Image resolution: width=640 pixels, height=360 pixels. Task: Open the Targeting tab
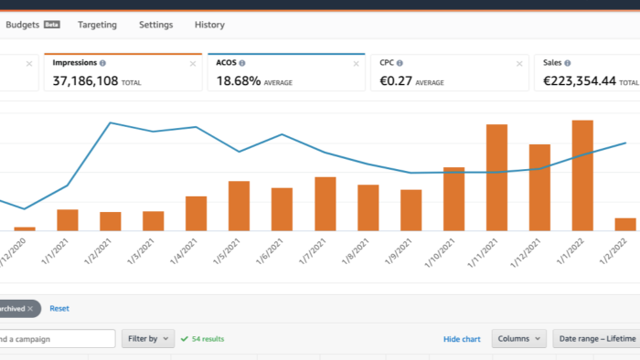click(x=97, y=25)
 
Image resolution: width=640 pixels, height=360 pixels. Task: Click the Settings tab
click(x=156, y=25)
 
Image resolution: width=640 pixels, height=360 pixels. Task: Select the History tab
click(x=209, y=25)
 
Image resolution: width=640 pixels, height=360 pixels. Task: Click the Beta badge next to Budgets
click(x=52, y=25)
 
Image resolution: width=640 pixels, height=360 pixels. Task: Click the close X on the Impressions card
click(x=193, y=64)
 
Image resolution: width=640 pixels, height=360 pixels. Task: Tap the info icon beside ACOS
click(x=242, y=63)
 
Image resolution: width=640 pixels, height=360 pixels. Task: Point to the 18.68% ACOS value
click(x=239, y=80)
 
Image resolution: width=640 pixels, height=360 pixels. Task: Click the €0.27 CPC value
click(x=396, y=80)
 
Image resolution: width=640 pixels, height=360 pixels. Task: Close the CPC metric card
click(x=519, y=64)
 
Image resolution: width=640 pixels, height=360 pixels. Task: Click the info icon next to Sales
click(x=568, y=63)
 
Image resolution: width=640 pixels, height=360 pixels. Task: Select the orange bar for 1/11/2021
click(x=496, y=178)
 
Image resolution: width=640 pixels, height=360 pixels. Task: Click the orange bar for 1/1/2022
click(x=582, y=175)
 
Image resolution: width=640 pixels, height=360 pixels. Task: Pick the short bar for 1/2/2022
click(x=625, y=225)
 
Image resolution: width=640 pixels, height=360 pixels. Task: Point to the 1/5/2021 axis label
click(x=227, y=251)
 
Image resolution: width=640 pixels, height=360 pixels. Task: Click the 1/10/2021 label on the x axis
click(x=440, y=253)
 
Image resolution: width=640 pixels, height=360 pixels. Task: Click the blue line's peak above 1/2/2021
click(x=111, y=122)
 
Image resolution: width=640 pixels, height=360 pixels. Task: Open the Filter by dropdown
click(x=148, y=338)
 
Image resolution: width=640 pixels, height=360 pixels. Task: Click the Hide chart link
click(x=462, y=339)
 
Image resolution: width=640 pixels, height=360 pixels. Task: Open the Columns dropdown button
click(x=518, y=338)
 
